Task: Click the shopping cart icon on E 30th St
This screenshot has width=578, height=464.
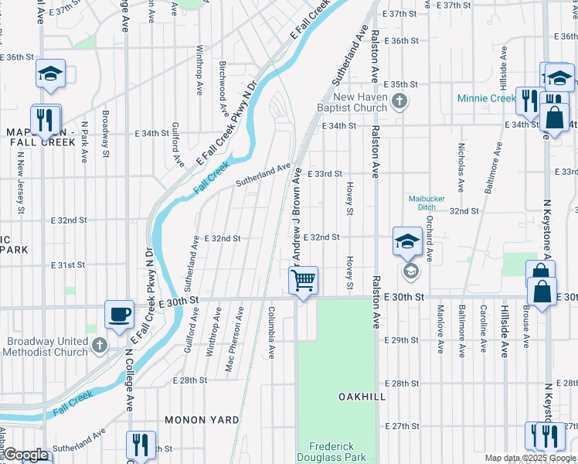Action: click(x=304, y=280)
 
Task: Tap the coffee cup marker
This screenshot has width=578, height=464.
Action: click(x=118, y=314)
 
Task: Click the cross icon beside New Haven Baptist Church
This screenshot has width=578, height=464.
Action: click(x=399, y=101)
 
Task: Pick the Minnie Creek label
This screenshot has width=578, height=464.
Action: click(x=486, y=98)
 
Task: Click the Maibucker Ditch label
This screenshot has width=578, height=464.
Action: click(x=427, y=202)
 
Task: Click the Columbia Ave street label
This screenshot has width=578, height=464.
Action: click(x=271, y=333)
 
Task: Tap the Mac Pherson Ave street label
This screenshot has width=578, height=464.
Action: click(x=235, y=339)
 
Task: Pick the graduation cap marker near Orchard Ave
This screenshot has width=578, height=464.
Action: click(x=407, y=241)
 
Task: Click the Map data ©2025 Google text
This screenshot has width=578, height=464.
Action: click(x=531, y=458)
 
